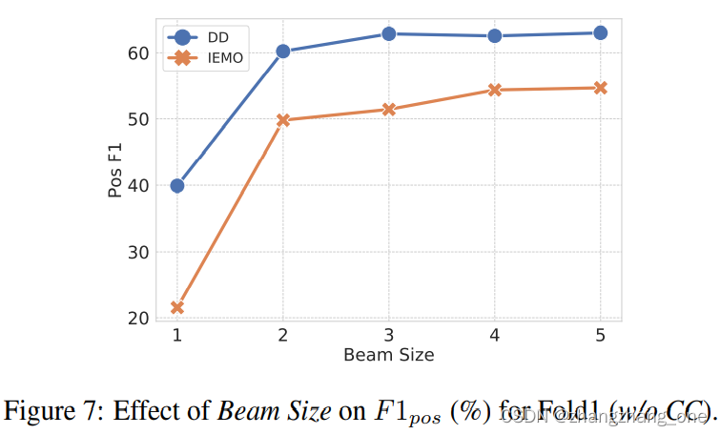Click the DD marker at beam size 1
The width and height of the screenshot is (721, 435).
click(176, 185)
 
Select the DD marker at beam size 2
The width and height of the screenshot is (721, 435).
click(283, 52)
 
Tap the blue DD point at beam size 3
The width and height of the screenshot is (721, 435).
click(389, 33)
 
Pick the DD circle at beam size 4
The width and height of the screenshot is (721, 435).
click(495, 36)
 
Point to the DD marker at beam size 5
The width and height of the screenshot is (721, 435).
click(601, 32)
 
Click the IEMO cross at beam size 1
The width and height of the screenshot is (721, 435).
click(176, 307)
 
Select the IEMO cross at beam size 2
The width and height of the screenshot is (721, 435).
click(283, 120)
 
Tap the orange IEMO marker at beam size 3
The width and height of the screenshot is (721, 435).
click(389, 109)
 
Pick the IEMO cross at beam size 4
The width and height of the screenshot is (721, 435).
click(495, 90)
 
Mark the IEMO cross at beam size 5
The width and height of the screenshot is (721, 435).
click(601, 88)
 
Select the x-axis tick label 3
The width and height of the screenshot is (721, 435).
click(389, 336)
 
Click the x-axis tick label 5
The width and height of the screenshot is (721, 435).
click(601, 336)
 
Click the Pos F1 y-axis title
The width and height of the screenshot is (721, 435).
click(115, 171)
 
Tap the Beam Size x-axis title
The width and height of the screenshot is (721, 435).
click(388, 356)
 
